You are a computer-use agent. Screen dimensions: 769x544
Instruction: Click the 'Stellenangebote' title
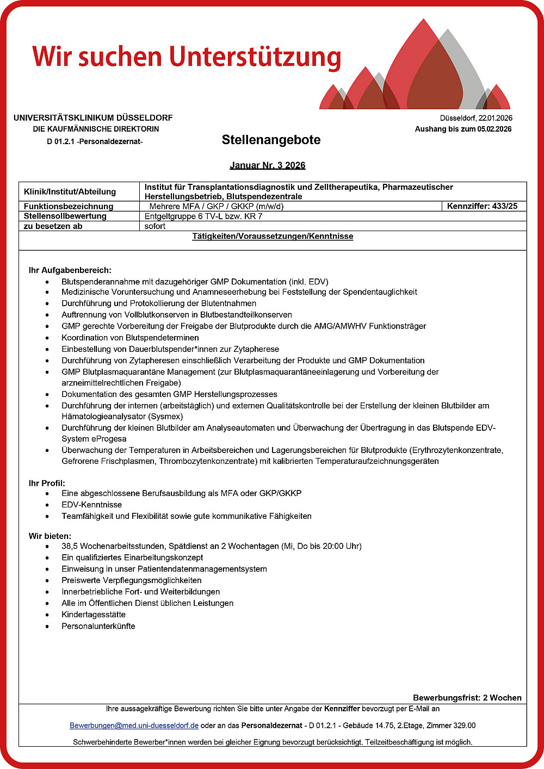click(x=271, y=140)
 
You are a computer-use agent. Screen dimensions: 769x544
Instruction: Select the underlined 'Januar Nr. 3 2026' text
click(x=267, y=165)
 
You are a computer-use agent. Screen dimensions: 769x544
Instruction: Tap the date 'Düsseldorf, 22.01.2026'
click(x=476, y=118)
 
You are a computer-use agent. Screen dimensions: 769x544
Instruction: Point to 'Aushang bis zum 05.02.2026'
click(x=463, y=129)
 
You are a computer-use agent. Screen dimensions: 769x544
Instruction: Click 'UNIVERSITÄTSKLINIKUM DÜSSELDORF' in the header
click(x=93, y=117)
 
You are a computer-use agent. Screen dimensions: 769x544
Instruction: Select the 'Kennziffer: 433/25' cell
click(x=482, y=206)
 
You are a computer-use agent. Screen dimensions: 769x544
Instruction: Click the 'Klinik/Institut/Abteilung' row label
click(x=70, y=191)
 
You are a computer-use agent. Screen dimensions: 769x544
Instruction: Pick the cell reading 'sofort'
click(x=155, y=226)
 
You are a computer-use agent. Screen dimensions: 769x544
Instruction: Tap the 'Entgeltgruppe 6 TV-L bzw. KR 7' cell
click(x=203, y=216)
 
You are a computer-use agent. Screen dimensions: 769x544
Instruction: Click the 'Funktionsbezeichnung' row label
click(x=69, y=206)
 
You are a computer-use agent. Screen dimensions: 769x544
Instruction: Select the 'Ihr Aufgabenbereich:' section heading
click(x=70, y=270)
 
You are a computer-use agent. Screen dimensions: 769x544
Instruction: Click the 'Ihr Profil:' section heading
click(x=47, y=483)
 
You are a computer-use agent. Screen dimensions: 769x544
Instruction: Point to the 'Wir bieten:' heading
click(x=50, y=536)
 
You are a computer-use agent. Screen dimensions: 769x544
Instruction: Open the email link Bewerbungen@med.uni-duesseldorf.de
click(x=134, y=725)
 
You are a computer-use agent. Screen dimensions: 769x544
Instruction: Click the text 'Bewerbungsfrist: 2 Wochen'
click(x=467, y=698)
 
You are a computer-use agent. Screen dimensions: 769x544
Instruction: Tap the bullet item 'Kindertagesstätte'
click(x=93, y=615)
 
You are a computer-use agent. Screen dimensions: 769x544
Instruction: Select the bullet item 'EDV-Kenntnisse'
click(x=91, y=505)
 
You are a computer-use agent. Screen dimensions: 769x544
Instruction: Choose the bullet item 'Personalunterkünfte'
click(x=98, y=626)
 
